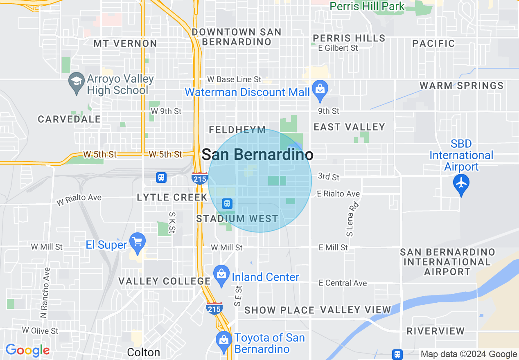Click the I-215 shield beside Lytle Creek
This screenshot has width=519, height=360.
click(199, 178)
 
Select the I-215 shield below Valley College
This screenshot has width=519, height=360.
click(214, 308)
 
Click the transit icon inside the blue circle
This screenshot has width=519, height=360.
click(227, 203)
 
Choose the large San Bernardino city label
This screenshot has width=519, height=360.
click(258, 155)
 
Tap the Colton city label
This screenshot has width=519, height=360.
click(143, 352)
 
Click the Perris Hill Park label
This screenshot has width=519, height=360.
click(367, 6)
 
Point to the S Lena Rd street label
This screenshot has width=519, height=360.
click(350, 220)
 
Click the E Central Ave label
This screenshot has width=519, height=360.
click(343, 283)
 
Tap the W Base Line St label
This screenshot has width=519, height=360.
click(234, 79)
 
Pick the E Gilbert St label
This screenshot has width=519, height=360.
click(338, 48)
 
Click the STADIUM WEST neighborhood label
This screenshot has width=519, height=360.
click(237, 219)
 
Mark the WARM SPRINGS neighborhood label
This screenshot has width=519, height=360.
click(462, 85)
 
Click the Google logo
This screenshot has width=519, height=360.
click(27, 351)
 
